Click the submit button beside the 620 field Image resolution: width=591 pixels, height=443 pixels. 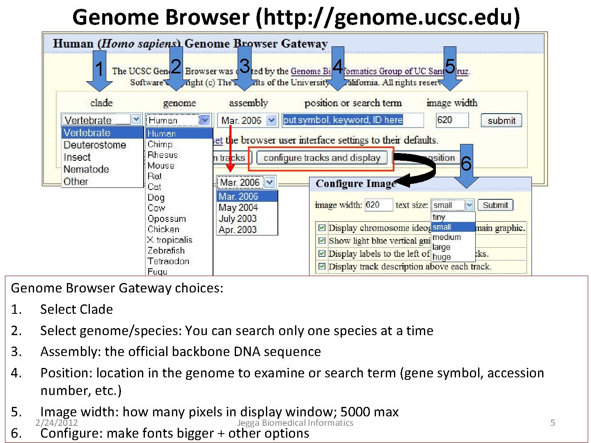click(501, 121)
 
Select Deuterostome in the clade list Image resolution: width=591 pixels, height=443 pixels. click(95, 145)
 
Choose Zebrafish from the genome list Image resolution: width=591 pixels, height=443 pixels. click(166, 250)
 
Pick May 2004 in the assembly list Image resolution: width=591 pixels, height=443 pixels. click(238, 208)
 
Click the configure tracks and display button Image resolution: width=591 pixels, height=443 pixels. click(322, 158)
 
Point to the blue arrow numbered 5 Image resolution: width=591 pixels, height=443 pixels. click(450, 68)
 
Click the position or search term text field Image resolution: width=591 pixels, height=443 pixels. click(353, 120)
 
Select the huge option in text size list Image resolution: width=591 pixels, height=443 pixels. click(442, 257)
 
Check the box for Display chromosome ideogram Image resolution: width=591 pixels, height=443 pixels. click(322, 228)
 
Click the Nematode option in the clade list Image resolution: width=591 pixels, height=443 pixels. click(86, 169)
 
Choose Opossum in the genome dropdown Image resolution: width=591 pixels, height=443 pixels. click(167, 219)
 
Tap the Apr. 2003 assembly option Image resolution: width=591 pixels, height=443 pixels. click(238, 230)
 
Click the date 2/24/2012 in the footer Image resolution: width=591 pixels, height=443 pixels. click(57, 422)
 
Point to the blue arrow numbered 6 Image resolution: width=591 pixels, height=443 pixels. click(466, 166)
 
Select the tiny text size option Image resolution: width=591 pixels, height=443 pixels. click(439, 217)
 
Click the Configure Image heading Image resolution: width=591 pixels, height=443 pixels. click(355, 184)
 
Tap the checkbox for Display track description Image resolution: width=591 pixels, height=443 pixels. click(322, 267)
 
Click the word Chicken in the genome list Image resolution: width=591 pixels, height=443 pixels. click(163, 229)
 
